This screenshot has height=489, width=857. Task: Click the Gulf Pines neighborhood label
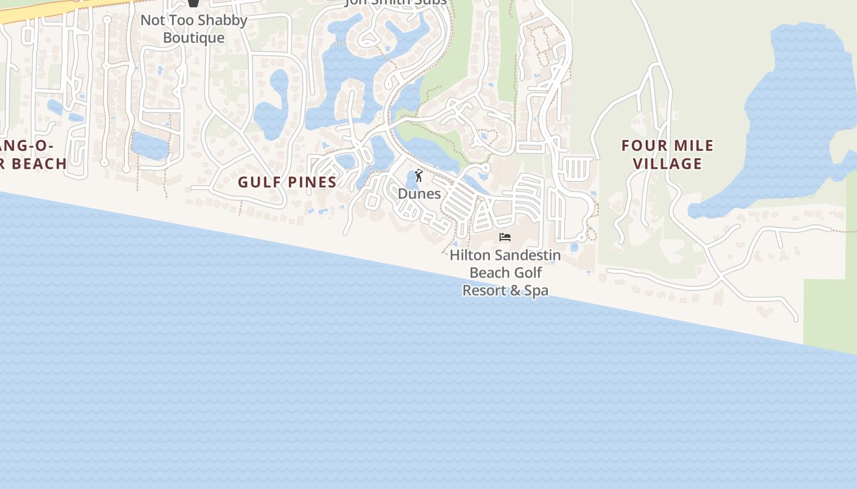(287, 182)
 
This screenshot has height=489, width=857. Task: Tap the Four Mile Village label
(667, 155)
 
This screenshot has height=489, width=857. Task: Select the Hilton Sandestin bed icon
(505, 237)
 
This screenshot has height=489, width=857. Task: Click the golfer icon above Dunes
(419, 176)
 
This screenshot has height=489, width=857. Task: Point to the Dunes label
(419, 194)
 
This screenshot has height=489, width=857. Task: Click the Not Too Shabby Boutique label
(194, 29)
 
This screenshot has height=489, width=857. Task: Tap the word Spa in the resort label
(536, 290)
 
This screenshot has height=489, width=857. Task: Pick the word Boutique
(194, 38)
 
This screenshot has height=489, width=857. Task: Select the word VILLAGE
(667, 164)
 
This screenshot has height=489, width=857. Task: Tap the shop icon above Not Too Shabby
(194, 3)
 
